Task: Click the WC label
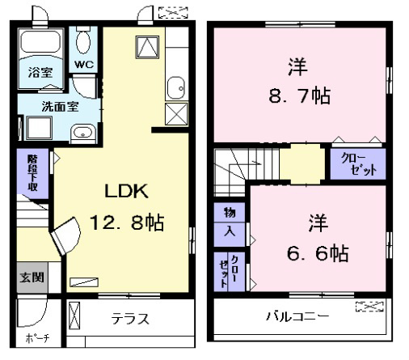click(84, 65)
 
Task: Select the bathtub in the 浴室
click(40, 42)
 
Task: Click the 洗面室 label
click(60, 107)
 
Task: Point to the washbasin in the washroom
click(83, 133)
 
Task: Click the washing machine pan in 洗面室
click(39, 128)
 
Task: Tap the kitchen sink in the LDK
click(176, 88)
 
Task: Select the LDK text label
click(126, 191)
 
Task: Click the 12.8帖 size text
click(127, 222)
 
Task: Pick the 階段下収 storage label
click(32, 173)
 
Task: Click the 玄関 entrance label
click(32, 277)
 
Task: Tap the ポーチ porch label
click(37, 338)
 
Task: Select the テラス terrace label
click(130, 319)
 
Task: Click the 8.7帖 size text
click(300, 95)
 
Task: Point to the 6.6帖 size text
click(318, 253)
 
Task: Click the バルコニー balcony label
click(297, 316)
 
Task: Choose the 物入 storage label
click(230, 222)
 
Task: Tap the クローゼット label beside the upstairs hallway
click(359, 164)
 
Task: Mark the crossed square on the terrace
click(74, 316)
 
